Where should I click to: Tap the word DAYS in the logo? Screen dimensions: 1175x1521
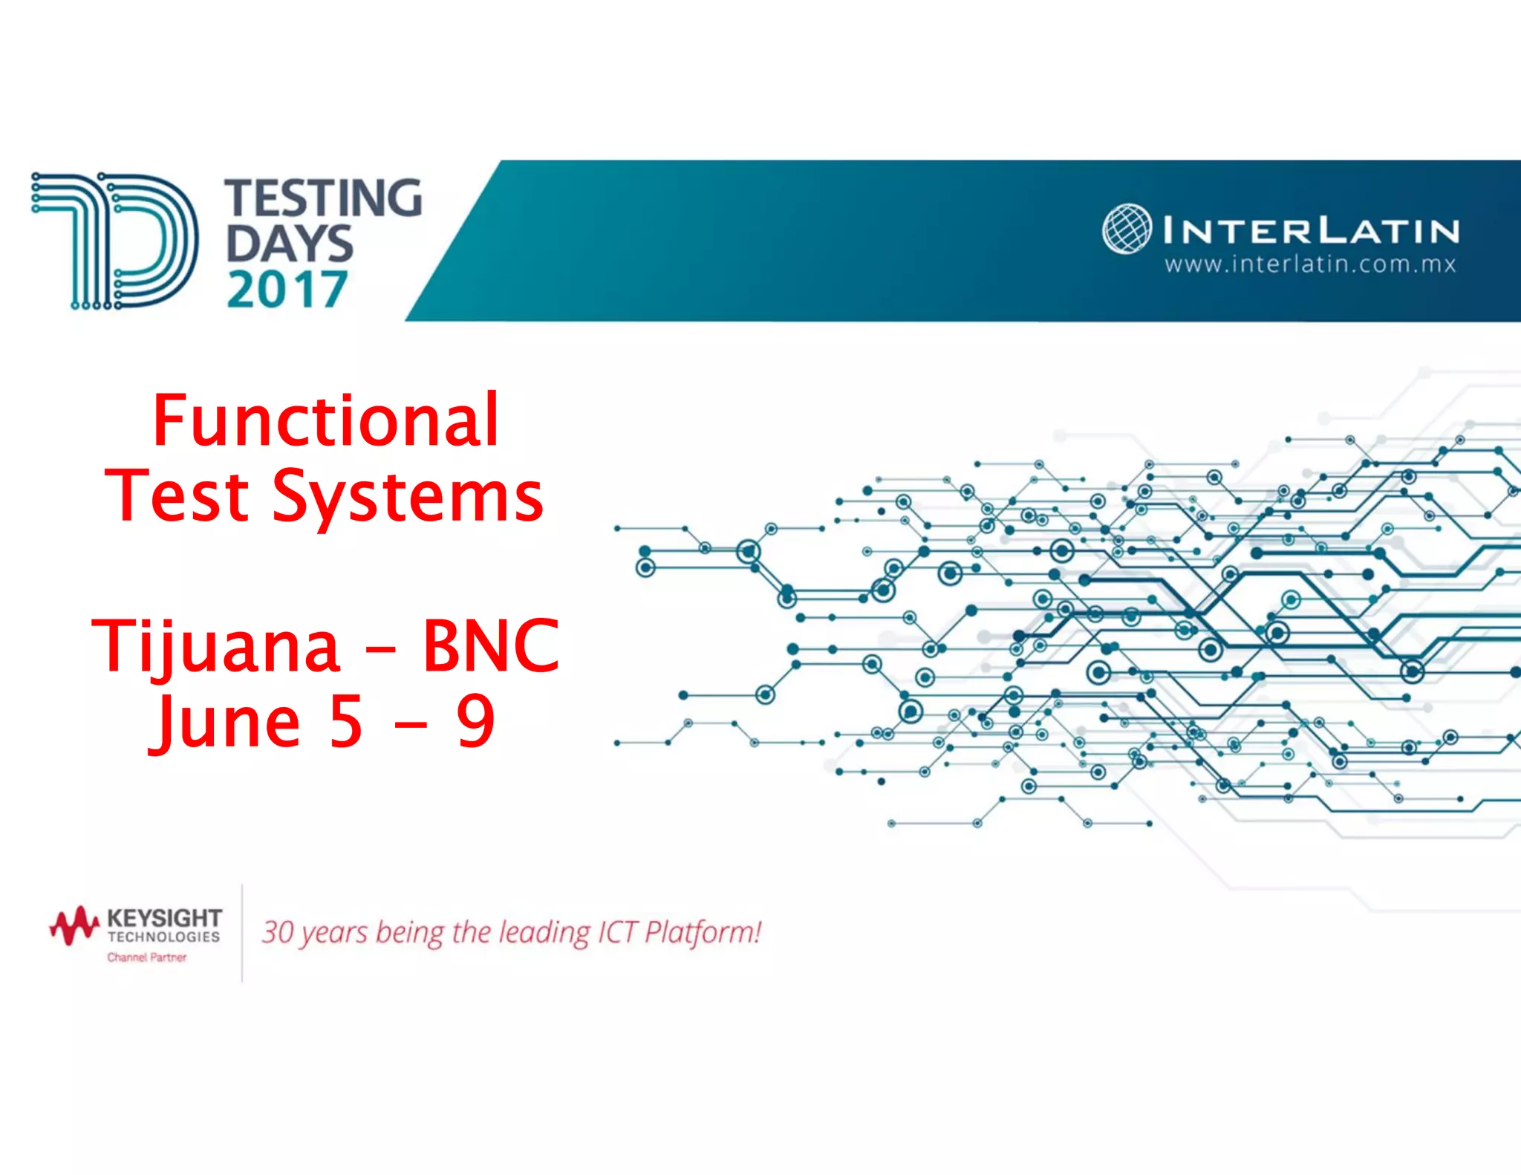tap(289, 244)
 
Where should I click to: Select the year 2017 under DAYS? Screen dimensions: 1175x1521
tap(287, 290)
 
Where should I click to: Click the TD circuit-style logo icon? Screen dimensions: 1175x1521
tap(114, 241)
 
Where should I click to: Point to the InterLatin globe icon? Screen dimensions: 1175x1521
tap(1127, 229)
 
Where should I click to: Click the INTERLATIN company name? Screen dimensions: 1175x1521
tap(1311, 230)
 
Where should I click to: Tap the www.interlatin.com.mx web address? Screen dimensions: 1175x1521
tap(1310, 264)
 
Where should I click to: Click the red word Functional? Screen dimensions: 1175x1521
tap(325, 421)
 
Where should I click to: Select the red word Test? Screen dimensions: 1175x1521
tap(177, 496)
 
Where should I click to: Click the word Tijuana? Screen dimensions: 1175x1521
tap(216, 646)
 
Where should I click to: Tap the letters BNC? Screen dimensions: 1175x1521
tap(490, 646)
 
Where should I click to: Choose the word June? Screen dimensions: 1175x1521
tap(227, 722)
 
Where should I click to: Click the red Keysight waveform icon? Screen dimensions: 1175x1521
tap(74, 925)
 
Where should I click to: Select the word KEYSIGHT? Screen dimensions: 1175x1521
tap(164, 919)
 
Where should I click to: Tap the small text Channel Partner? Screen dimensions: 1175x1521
tap(147, 957)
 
